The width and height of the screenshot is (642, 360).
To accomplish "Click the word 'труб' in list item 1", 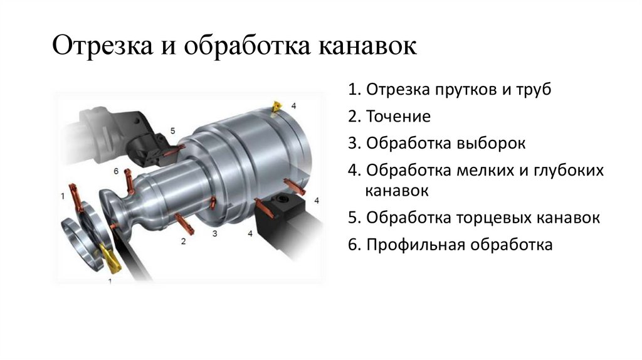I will click(x=534, y=90).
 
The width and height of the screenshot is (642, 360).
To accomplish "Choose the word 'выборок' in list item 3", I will click(x=490, y=144).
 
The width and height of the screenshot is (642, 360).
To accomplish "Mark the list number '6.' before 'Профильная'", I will click(x=353, y=245).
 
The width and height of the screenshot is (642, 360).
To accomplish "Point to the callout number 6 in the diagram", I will click(x=116, y=171).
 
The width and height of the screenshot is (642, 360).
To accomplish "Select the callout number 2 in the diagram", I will click(x=183, y=241).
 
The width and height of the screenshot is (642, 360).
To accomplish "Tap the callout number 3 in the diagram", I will click(x=214, y=234).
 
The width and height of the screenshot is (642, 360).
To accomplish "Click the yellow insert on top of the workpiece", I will click(x=275, y=107).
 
